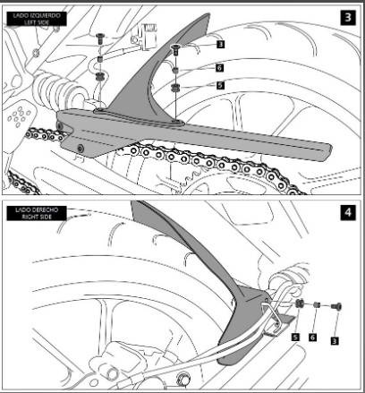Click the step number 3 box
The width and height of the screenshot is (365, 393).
[x=345, y=17]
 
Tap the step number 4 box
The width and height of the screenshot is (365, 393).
[x=345, y=214]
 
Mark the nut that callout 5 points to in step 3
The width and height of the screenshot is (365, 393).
[x=178, y=87]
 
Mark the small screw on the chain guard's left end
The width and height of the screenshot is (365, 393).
[x=80, y=147]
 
